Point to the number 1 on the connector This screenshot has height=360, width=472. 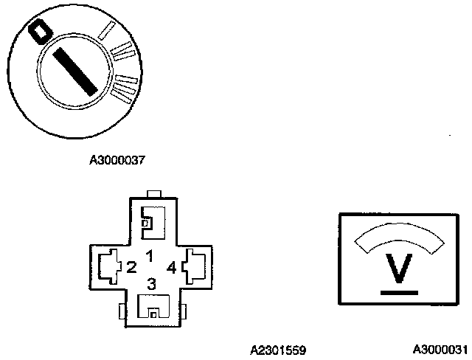point(149,257)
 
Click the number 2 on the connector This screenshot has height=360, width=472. point(131,266)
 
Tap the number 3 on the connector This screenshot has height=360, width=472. point(151,283)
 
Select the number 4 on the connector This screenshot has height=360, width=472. point(172,266)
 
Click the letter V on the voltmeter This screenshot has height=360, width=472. point(399,269)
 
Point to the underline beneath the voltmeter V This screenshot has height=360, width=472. point(399,292)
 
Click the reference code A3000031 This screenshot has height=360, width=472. point(440,349)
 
